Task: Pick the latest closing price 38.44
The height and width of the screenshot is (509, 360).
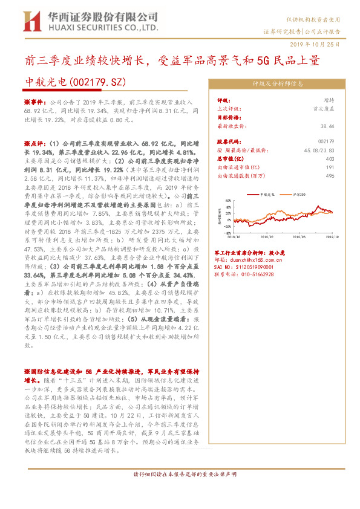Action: click(327, 126)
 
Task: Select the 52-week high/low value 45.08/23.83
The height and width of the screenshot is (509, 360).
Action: click(318, 149)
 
